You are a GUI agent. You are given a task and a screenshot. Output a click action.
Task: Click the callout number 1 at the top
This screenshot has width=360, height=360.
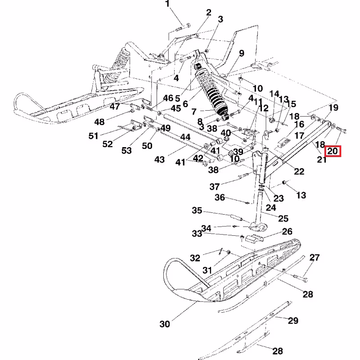[168, 5]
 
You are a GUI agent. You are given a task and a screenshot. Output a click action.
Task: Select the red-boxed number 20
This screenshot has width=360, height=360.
[333, 151]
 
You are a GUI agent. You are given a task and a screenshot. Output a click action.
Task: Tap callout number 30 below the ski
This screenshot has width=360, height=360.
[165, 324]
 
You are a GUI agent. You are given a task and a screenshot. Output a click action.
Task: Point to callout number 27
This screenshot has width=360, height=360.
[314, 258]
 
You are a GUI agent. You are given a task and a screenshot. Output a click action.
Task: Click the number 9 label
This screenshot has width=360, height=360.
[242, 54]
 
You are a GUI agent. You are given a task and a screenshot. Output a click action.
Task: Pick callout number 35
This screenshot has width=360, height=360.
[198, 211]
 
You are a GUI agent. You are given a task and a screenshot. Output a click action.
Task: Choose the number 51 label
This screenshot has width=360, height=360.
[93, 135]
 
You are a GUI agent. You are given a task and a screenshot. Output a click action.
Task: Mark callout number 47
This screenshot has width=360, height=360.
[114, 107]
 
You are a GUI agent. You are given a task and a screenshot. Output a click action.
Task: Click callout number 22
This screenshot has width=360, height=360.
[299, 171]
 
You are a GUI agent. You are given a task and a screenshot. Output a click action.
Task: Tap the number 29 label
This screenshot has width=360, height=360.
[293, 321]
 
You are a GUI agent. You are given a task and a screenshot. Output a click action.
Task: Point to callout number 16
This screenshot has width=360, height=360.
[299, 124]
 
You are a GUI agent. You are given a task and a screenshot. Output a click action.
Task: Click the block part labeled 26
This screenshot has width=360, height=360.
[253, 239]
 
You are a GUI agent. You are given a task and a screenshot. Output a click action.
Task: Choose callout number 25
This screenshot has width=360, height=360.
[283, 219]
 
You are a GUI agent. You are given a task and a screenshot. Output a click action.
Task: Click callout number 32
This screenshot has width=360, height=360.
[194, 258]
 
